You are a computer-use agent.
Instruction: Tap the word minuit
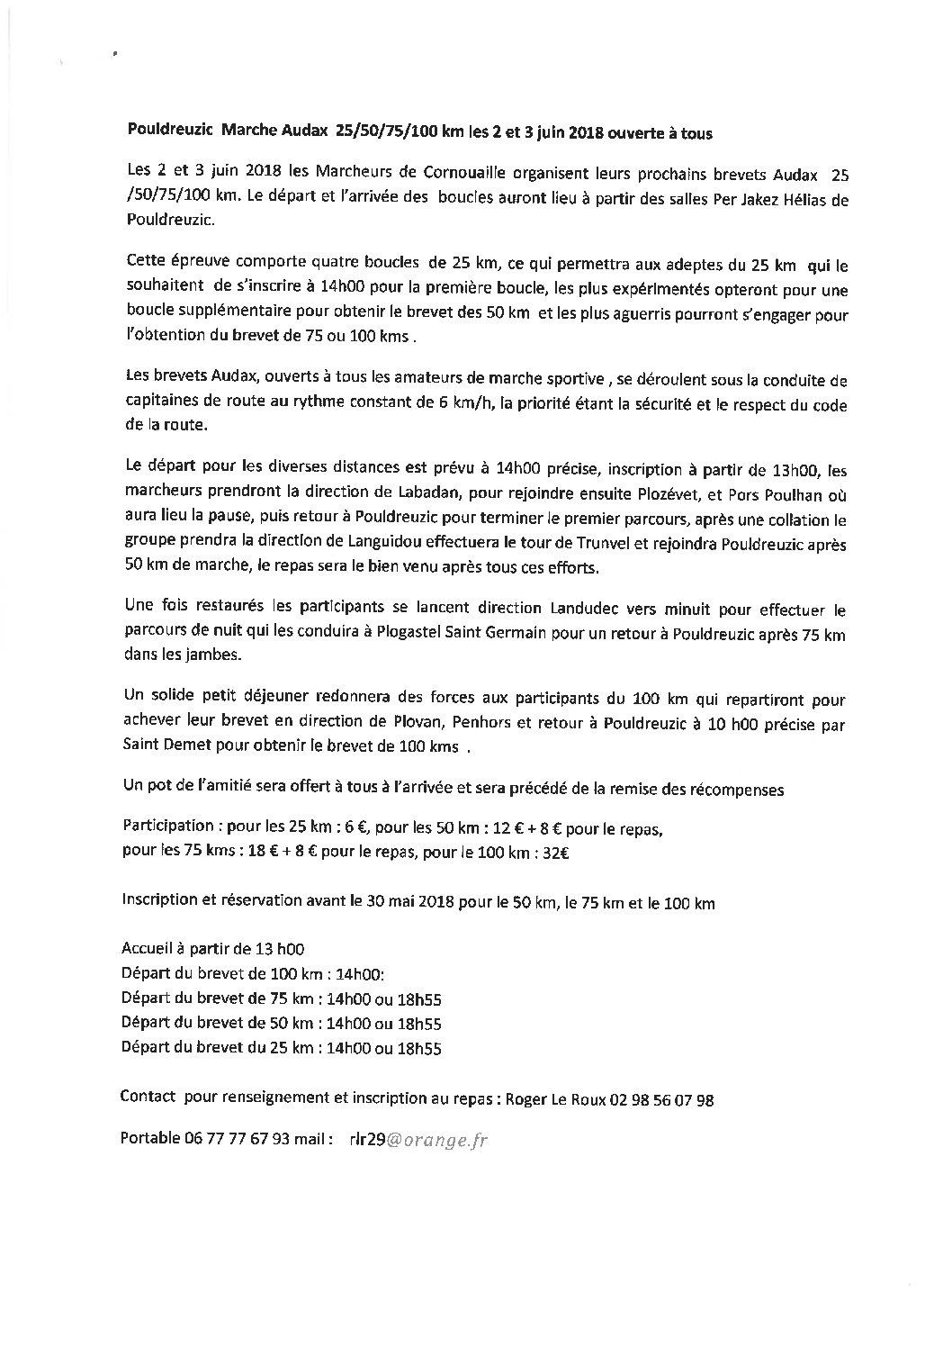coord(633,610)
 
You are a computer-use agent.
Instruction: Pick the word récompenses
coord(736,790)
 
